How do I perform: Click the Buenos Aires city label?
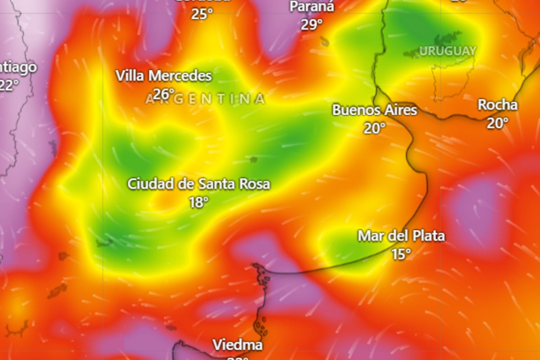coord(374,110)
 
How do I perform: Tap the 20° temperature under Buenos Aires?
coord(375,128)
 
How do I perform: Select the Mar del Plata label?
coord(401,236)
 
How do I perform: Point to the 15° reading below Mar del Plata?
coord(401,254)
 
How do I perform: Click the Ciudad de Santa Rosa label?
coord(198,184)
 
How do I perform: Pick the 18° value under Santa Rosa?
coord(198,202)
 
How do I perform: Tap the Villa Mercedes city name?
coord(164,76)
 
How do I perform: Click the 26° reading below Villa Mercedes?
coord(163,94)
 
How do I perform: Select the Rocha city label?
coord(497,105)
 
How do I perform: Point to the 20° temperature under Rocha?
coord(497,123)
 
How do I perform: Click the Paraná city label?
coord(312,7)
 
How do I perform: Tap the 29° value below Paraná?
coord(312,24)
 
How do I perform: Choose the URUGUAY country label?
coord(447,51)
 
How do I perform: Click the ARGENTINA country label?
coord(205,99)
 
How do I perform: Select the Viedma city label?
coord(237,346)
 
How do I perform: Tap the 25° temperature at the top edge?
coord(202,14)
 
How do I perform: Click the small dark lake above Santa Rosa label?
coord(254,159)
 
